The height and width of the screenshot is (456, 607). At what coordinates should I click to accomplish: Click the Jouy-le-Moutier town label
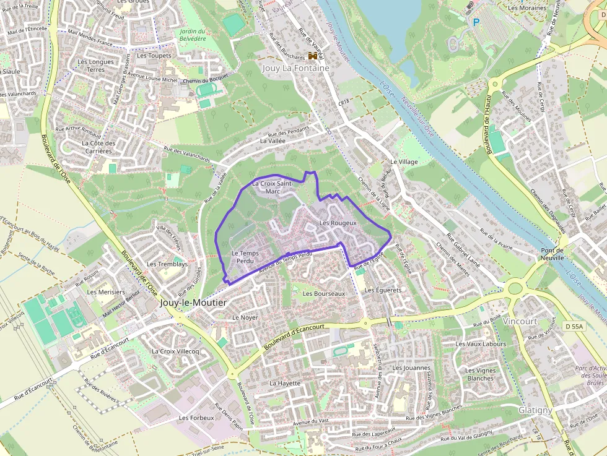pyautogui.click(x=193, y=303)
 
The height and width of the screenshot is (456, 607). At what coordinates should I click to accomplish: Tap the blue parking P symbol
pyautogui.click(x=476, y=22)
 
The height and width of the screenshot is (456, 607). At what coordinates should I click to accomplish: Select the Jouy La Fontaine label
pyautogui.click(x=295, y=68)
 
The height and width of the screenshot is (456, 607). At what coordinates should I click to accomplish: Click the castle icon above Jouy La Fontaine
pyautogui.click(x=312, y=56)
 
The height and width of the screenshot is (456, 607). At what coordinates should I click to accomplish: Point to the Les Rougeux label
pyautogui.click(x=338, y=223)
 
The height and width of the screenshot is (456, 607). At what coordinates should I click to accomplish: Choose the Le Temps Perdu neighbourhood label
pyautogui.click(x=244, y=257)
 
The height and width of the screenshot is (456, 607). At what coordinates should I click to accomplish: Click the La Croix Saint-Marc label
pyautogui.click(x=273, y=187)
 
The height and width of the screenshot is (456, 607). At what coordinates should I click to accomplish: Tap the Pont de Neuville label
pyautogui.click(x=552, y=253)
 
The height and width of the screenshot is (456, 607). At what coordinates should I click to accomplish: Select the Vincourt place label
pyautogui.click(x=520, y=322)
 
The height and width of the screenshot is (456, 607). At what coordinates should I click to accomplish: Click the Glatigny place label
pyautogui.click(x=535, y=410)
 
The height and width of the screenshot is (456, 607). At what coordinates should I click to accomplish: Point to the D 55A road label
pyautogui.click(x=574, y=325)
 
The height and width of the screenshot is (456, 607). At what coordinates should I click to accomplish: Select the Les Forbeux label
pyautogui.click(x=196, y=418)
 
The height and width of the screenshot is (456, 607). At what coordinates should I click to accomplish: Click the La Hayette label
pyautogui.click(x=285, y=383)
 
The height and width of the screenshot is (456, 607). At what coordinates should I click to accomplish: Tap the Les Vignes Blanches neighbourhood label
pyautogui.click(x=480, y=374)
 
